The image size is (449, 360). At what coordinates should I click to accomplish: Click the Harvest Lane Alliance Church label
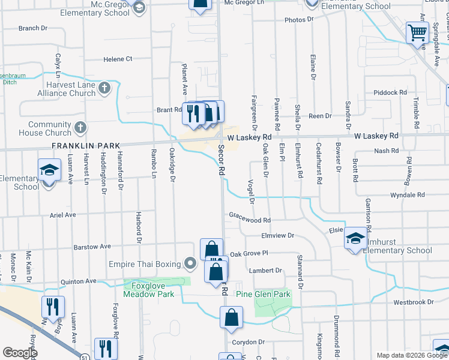(x=66, y=89)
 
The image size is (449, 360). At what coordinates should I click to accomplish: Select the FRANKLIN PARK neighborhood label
(x=86, y=146)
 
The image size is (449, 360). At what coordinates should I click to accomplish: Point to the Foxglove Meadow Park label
(x=148, y=290)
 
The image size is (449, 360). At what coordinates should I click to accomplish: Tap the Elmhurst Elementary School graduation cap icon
(x=355, y=238)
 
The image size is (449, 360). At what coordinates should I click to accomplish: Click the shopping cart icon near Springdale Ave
(x=417, y=32)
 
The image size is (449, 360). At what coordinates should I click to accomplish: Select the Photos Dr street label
(x=299, y=20)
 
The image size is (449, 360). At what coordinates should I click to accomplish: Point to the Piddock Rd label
(x=390, y=92)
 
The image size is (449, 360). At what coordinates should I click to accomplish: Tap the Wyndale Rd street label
(x=407, y=196)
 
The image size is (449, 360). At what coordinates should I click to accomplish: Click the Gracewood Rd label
(x=250, y=220)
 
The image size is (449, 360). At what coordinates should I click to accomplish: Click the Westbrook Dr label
(x=426, y=302)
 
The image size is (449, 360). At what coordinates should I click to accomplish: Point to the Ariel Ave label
(x=62, y=215)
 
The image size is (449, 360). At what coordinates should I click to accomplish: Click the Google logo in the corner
(x=20, y=353)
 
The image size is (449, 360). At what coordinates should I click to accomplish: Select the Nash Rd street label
(x=382, y=151)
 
